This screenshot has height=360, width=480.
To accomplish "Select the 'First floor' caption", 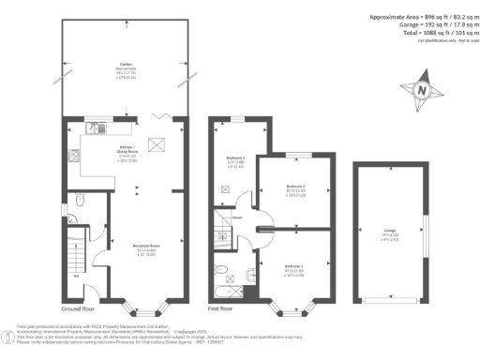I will click(x=222, y=308).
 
